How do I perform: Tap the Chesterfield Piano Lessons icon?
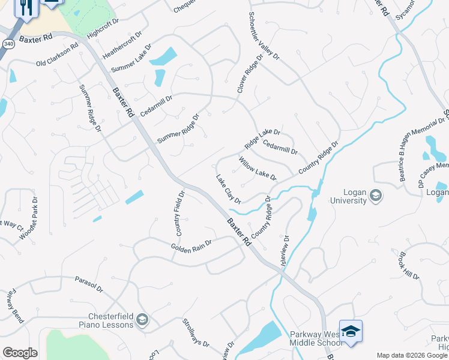click(x=142, y=319)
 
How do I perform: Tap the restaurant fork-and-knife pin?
click(x=25, y=7)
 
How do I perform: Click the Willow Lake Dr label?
click(x=257, y=169)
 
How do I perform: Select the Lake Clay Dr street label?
click(x=229, y=189)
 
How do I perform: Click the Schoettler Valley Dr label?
click(x=264, y=35)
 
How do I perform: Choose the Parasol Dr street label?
click(x=89, y=284)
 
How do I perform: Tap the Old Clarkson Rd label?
click(x=57, y=55)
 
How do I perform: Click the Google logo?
click(x=20, y=353)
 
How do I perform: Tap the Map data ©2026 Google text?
click(x=411, y=355)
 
